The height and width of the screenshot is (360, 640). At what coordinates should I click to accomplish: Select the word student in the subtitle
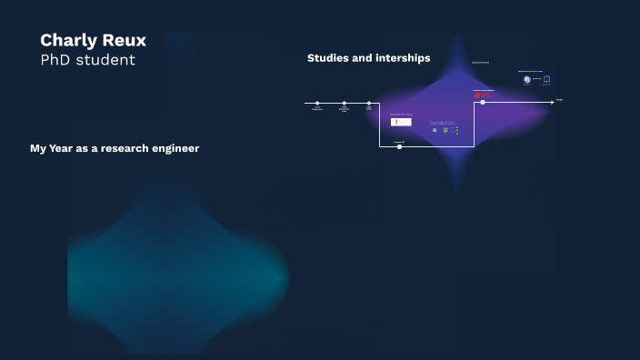(x=106, y=60)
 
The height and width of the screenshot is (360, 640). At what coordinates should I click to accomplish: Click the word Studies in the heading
(x=327, y=58)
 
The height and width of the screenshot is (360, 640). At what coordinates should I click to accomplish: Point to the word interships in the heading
(x=400, y=58)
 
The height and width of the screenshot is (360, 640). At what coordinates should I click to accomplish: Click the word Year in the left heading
(x=64, y=148)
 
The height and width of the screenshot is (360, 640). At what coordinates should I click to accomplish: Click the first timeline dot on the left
(x=317, y=104)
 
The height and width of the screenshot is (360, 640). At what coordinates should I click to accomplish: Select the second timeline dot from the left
(x=345, y=104)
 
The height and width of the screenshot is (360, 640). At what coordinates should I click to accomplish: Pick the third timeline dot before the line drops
(x=369, y=104)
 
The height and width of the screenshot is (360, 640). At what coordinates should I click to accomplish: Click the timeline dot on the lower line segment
(x=400, y=146)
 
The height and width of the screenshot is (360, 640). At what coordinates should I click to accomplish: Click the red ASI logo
(x=483, y=95)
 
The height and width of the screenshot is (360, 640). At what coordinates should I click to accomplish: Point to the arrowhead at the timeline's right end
(x=552, y=103)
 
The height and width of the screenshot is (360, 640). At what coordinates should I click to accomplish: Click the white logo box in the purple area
(x=401, y=122)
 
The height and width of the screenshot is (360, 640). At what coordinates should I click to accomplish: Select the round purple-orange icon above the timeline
(x=527, y=79)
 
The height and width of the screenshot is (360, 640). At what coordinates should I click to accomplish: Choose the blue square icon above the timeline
(x=546, y=79)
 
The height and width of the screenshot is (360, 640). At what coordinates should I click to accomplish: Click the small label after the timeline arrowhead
(x=560, y=100)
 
